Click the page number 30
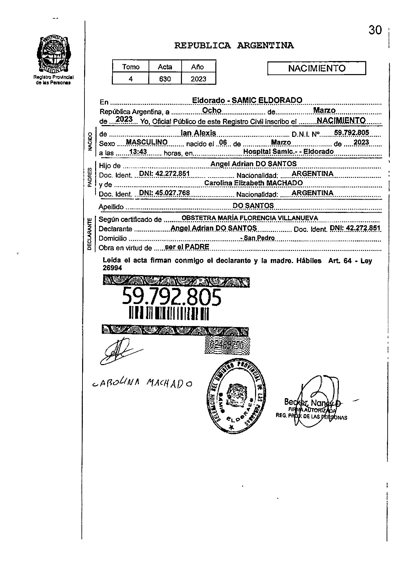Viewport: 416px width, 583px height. click(375, 30)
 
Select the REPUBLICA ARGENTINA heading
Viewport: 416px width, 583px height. click(234, 45)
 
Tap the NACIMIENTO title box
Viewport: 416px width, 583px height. click(317, 68)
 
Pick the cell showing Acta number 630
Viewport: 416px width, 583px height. click(165, 79)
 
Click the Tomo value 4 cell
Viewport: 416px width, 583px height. click(131, 79)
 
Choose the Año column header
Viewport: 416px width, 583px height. click(198, 67)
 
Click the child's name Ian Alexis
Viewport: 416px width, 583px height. click(198, 133)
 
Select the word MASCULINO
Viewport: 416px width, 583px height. click(147, 142)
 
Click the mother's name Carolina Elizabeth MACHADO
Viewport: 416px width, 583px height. click(253, 183)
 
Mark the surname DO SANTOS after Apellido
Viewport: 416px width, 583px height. click(253, 206)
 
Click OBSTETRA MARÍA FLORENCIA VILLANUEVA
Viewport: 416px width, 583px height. click(250, 218)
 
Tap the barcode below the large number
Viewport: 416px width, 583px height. click(169, 314)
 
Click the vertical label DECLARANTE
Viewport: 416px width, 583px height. click(89, 234)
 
